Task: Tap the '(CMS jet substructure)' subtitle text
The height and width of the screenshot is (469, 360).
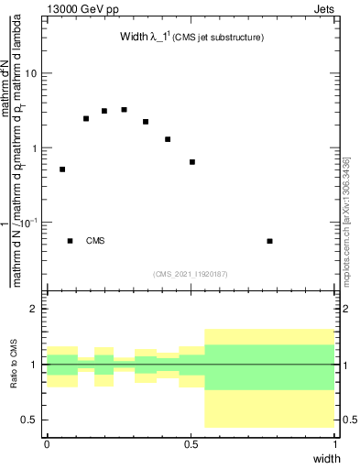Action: click(221, 38)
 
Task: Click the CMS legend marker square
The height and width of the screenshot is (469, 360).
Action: click(71, 241)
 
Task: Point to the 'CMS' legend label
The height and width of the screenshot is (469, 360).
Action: click(95, 241)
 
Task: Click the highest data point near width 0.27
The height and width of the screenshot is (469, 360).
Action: click(124, 110)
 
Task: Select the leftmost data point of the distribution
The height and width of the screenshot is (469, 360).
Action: click(62, 169)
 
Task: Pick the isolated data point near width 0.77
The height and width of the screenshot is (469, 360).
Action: click(269, 241)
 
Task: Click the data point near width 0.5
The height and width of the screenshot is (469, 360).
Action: click(192, 162)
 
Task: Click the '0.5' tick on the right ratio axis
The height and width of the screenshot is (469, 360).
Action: click(348, 420)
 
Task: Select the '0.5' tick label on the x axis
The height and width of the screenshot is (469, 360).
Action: click(191, 443)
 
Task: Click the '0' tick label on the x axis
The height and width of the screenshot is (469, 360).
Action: click(47, 443)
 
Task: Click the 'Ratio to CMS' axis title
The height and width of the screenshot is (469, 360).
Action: click(15, 365)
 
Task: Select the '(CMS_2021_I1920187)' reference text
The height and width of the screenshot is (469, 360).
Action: click(191, 274)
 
